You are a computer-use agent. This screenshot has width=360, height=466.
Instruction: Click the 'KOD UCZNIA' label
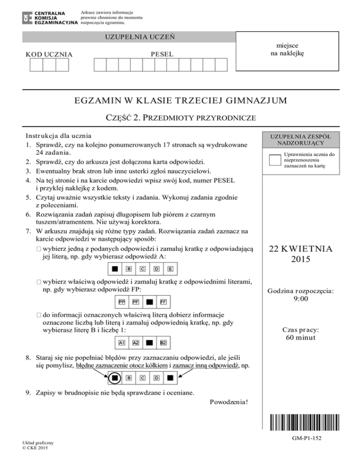[x=49, y=55]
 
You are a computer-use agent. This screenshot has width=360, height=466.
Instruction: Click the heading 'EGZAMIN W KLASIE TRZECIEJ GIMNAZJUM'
[x=180, y=100]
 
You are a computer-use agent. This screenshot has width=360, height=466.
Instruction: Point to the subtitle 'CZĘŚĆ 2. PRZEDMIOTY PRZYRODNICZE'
[x=180, y=118]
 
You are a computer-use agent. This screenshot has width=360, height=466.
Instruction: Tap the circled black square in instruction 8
[x=114, y=376]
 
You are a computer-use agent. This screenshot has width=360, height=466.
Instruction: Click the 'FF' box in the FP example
[x=164, y=301]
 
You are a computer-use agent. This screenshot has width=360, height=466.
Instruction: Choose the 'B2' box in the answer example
[x=164, y=343]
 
